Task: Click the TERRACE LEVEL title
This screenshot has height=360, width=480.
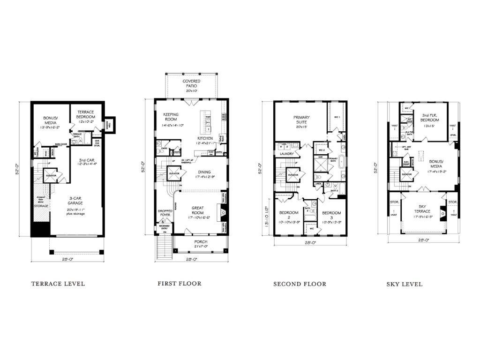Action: tap(58, 284)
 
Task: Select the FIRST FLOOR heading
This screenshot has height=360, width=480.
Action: tap(180, 284)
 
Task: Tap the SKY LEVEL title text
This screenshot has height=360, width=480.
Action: tap(404, 284)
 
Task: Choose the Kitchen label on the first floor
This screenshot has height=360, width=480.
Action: tap(205, 138)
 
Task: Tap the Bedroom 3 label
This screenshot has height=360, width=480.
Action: tap(331, 216)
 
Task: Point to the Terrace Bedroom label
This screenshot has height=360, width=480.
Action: tap(86, 114)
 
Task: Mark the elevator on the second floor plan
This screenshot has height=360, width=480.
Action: tap(293, 174)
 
